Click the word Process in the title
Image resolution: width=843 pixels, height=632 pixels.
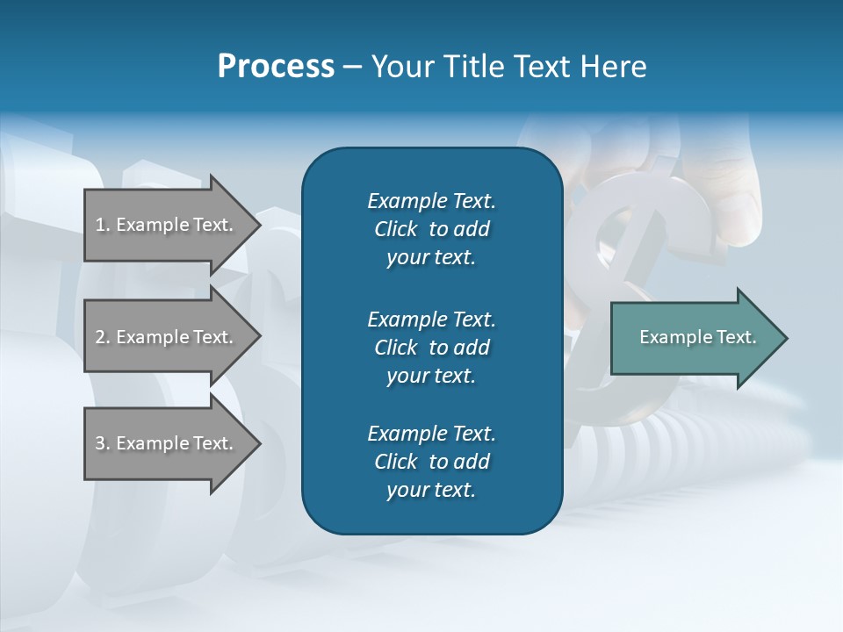pos(276,67)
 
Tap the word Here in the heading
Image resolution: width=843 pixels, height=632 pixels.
pos(614,67)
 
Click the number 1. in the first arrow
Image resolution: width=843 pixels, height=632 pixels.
pos(102,225)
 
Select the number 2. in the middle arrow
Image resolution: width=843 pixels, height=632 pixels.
pos(102,337)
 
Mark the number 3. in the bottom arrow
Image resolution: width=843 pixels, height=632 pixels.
pos(102,443)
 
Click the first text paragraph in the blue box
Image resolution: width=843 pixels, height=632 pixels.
pos(431,229)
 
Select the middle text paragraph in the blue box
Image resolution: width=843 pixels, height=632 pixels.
pos(431,348)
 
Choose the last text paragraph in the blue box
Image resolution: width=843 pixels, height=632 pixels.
pos(431,462)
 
